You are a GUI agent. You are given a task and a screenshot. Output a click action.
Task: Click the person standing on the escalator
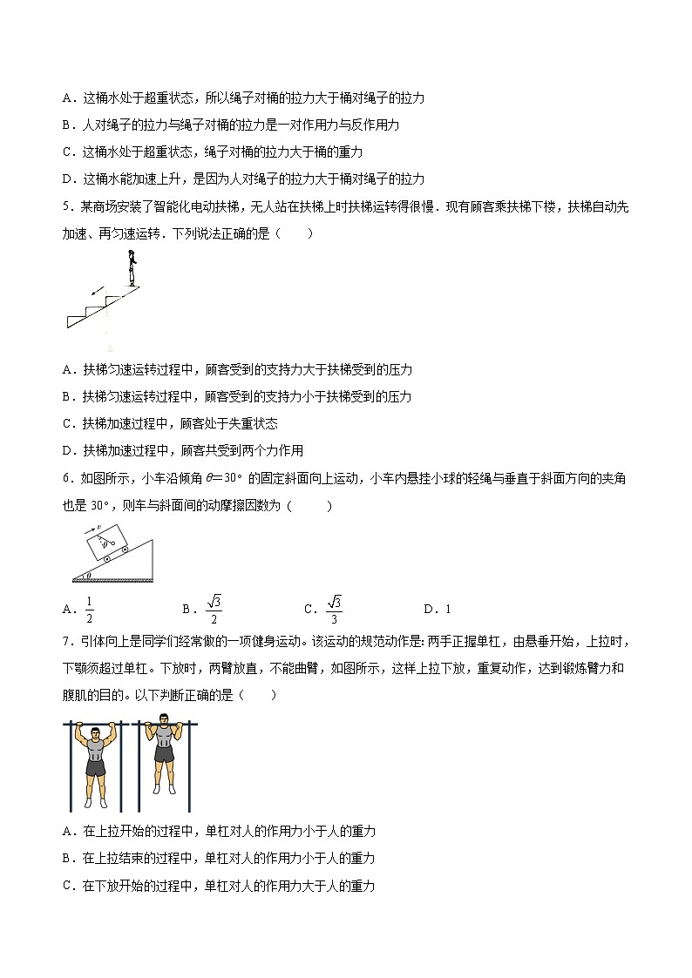coord(132,267)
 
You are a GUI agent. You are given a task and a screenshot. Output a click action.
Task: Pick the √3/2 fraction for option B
coord(214,609)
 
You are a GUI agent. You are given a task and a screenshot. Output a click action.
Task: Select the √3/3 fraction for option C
coord(334,609)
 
